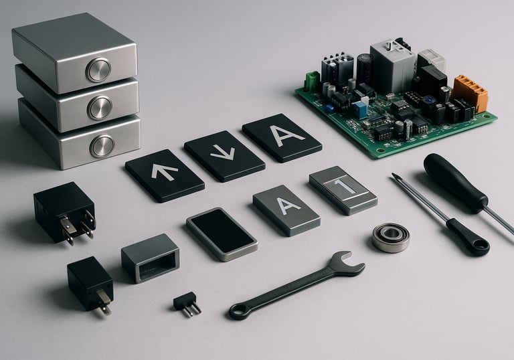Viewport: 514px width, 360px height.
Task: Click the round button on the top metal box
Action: click(x=98, y=70)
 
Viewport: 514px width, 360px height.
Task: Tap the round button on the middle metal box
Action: click(x=100, y=108)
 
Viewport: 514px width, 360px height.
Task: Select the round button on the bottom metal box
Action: click(x=102, y=146)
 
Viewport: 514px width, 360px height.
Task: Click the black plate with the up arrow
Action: click(x=165, y=175)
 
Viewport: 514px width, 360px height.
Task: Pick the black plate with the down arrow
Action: click(x=224, y=156)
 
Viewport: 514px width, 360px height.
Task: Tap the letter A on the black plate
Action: click(x=286, y=136)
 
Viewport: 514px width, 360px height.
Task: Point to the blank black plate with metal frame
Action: click(x=222, y=234)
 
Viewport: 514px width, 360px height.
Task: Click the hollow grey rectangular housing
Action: click(x=151, y=258)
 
